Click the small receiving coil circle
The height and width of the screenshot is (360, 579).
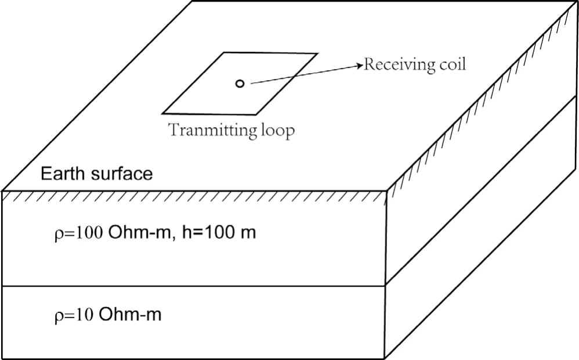tap(240, 84)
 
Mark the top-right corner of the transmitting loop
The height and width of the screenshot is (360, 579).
tap(317, 54)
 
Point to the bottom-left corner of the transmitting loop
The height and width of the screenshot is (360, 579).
tap(163, 113)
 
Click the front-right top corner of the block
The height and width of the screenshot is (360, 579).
tap(387, 190)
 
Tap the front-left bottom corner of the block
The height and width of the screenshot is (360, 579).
tap(3, 358)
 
